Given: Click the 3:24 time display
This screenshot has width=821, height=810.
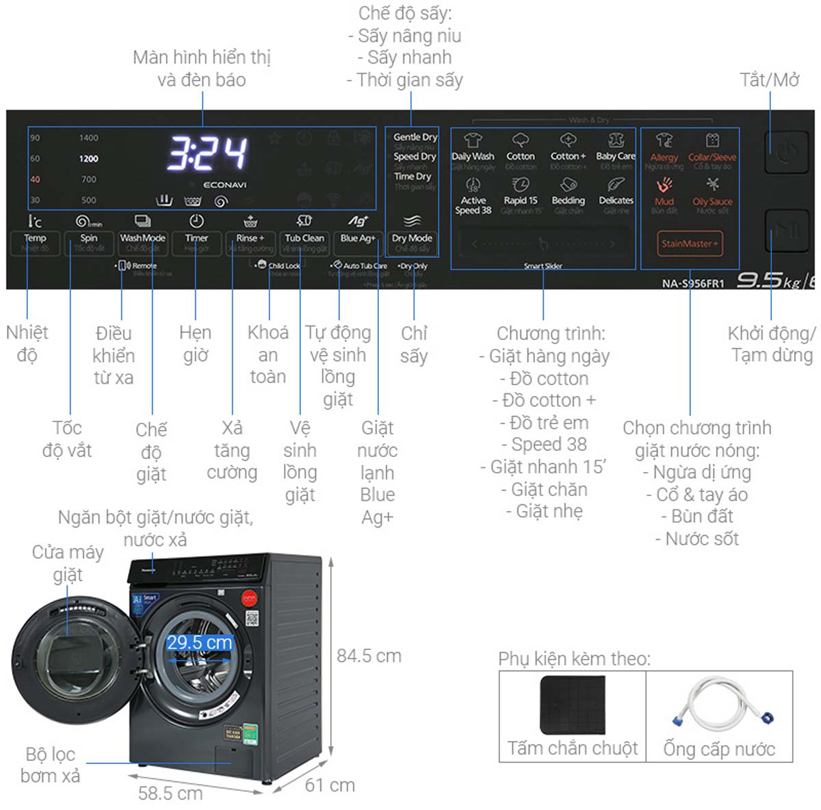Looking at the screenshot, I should (207, 153).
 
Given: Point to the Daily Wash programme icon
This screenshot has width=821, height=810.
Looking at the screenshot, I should (473, 141).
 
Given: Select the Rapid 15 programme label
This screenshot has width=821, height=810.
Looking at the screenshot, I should (521, 200).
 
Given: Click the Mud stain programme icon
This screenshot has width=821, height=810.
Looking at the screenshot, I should (664, 185).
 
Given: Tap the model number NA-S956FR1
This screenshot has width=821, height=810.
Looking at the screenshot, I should (692, 283).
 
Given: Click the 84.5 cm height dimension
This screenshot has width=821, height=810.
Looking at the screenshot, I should (369, 655).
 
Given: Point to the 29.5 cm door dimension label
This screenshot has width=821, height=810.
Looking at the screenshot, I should (200, 642).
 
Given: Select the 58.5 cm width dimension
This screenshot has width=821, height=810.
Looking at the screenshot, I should (170, 793).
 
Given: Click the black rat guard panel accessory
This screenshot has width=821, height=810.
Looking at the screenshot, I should (573, 705).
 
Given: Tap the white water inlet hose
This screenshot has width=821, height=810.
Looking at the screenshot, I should (719, 705).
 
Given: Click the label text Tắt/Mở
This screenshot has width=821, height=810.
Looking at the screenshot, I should (770, 80).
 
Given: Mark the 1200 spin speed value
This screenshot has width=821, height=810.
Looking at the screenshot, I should (89, 159).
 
